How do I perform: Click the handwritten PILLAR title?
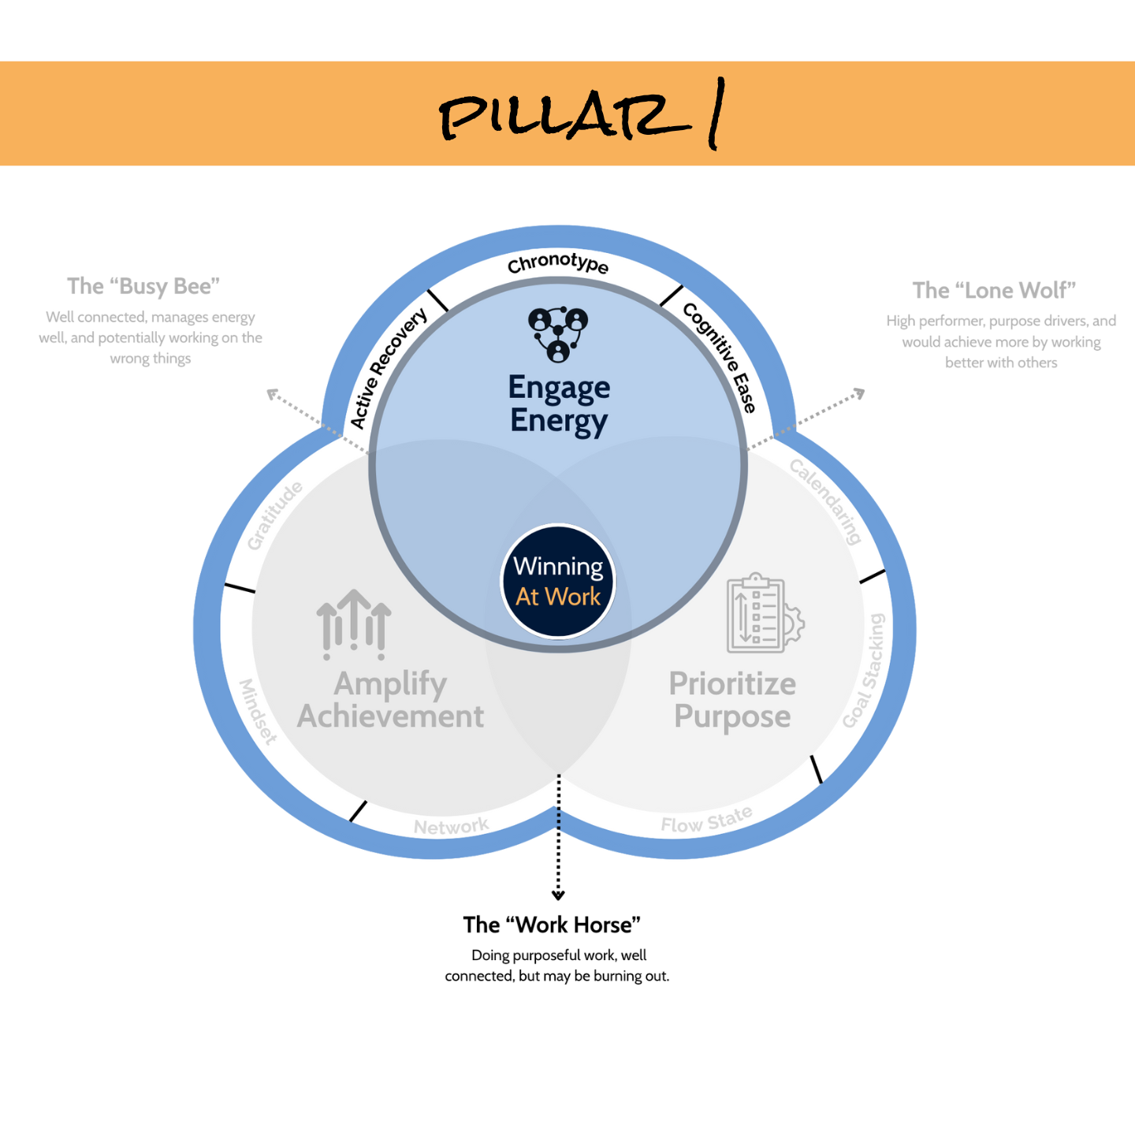[x=580, y=115]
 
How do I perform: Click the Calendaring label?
[x=826, y=501]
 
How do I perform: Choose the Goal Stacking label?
[x=864, y=671]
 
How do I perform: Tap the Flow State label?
[x=706, y=820]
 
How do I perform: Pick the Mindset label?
[x=259, y=711]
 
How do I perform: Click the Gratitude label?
[x=274, y=515]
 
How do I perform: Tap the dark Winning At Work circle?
[x=558, y=581]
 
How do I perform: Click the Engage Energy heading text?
[x=559, y=404]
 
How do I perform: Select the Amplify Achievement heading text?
[x=391, y=700]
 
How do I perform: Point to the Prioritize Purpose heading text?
[x=732, y=700]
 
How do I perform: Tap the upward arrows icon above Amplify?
[x=354, y=624]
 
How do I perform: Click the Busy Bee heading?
[x=143, y=285]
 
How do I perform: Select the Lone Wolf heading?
[x=994, y=290]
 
